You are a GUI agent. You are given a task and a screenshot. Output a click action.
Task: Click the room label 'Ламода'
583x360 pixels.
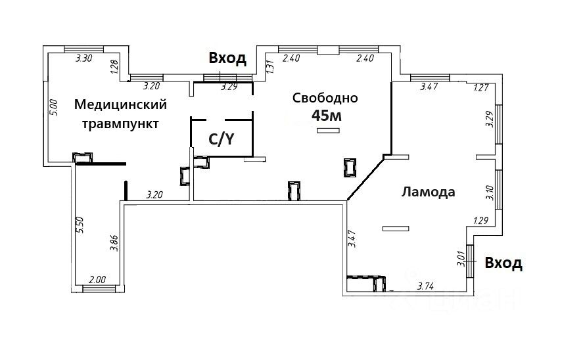coord(428,192)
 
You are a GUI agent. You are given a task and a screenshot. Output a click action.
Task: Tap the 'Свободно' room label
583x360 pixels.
coord(325,99)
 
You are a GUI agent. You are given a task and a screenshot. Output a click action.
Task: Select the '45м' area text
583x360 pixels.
coord(327,116)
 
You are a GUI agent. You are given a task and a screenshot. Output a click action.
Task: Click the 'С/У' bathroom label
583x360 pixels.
coord(221,139)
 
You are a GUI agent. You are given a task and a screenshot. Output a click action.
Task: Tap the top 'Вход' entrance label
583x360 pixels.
coord(227,58)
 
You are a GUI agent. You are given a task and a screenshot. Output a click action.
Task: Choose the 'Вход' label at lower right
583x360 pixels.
coord(503,263)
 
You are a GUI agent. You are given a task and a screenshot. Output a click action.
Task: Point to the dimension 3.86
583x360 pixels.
coord(114,244)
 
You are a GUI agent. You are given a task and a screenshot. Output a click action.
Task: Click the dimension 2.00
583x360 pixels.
coord(97,279)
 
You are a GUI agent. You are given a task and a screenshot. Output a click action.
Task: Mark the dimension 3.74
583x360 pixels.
coord(429,286)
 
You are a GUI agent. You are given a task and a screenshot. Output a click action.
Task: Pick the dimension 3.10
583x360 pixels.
coord(488,192)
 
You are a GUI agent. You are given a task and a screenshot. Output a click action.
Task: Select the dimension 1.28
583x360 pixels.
coord(114,66)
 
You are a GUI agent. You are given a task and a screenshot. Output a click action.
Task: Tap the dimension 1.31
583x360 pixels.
coord(269,65)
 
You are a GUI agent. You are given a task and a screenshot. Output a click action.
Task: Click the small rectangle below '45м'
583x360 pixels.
coord(327,131)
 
